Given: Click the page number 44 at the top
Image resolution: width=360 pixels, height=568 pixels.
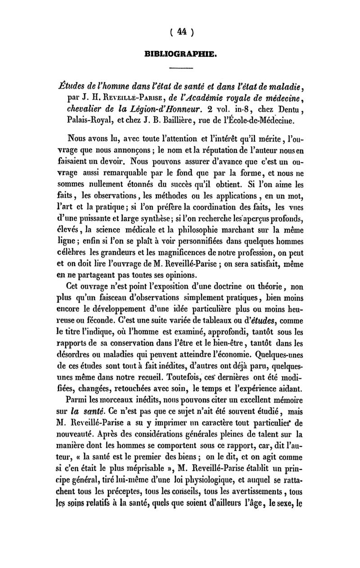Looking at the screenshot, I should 181,32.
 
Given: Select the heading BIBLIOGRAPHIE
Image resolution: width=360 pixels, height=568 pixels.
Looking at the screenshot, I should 181,55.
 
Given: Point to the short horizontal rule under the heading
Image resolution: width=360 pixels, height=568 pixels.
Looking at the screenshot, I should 181,68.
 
